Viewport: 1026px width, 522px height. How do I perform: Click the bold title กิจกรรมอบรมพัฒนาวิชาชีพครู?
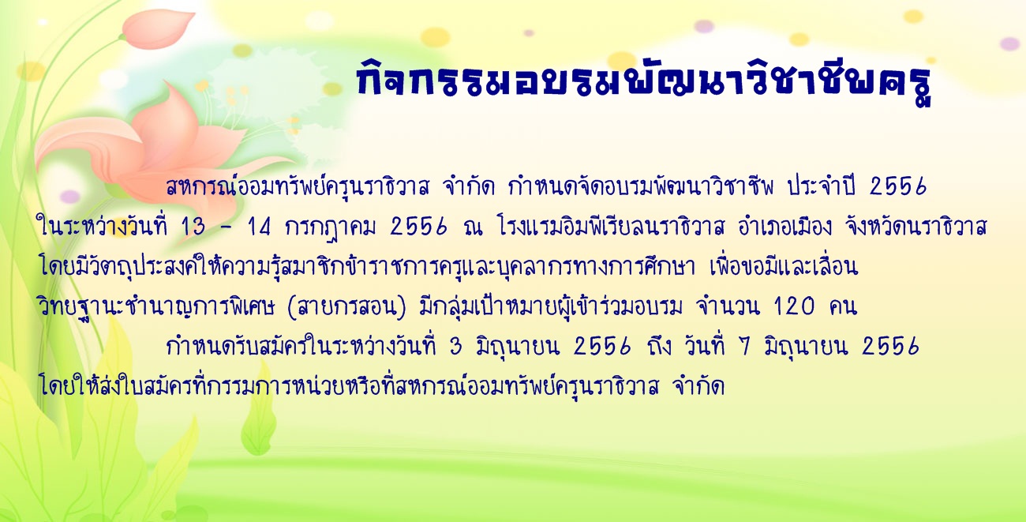click(x=645, y=82)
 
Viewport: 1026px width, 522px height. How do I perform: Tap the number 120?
click(x=794, y=307)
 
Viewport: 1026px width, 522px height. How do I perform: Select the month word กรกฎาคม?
click(x=330, y=227)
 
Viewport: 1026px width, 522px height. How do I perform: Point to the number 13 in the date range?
click(x=193, y=227)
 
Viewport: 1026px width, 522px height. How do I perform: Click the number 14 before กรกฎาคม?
click(x=259, y=227)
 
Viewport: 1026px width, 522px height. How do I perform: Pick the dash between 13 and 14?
click(x=226, y=227)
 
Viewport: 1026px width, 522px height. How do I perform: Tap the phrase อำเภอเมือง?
click(x=784, y=226)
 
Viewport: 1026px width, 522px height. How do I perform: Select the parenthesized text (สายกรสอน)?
click(x=346, y=307)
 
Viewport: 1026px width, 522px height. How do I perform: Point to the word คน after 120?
click(x=842, y=307)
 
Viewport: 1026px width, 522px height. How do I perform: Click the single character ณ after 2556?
click(x=473, y=227)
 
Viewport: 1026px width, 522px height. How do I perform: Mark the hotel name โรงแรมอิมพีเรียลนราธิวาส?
click(x=612, y=226)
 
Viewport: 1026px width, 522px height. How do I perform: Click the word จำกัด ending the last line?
click(x=698, y=385)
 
